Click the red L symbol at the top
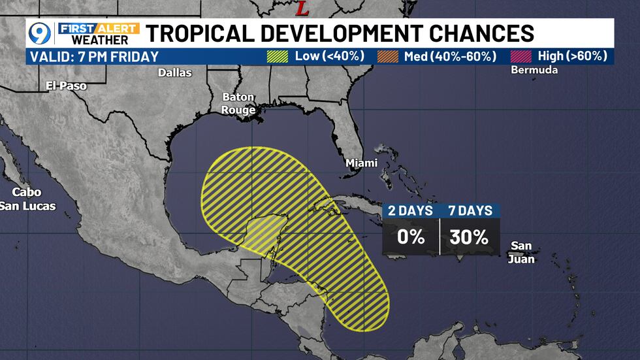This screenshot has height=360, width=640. pos(302,8)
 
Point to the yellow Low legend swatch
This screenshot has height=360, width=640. pos(278,56)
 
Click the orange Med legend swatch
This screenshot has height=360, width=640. pos(388,56)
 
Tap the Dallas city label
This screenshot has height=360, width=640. pos(175,73)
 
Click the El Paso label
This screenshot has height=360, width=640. pos(66,86)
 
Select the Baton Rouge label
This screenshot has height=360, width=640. pos(238,104)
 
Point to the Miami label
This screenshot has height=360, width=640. pos(361,162)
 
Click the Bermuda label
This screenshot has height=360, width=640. pos(536,70)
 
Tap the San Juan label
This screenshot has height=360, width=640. pos(522,252)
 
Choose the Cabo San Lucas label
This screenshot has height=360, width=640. pos(28,199)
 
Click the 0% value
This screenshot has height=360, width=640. pos(411,237)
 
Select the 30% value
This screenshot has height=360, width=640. pos(469,237)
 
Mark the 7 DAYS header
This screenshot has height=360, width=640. pos(469,210)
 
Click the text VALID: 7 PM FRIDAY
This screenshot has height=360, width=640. pos(94,56)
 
